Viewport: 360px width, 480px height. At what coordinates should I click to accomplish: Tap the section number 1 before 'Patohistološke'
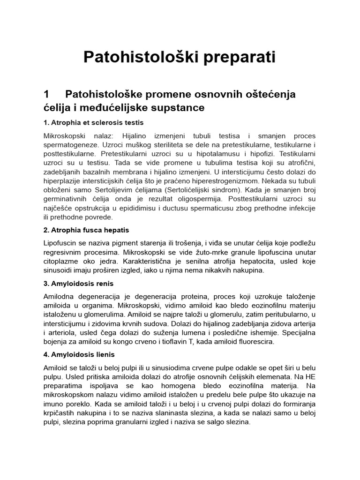[46, 94]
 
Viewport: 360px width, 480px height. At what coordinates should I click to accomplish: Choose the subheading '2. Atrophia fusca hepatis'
[86, 230]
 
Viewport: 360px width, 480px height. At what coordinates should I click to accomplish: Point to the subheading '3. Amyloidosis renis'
[78, 284]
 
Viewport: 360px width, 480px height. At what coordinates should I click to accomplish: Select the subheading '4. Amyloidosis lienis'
[79, 354]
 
